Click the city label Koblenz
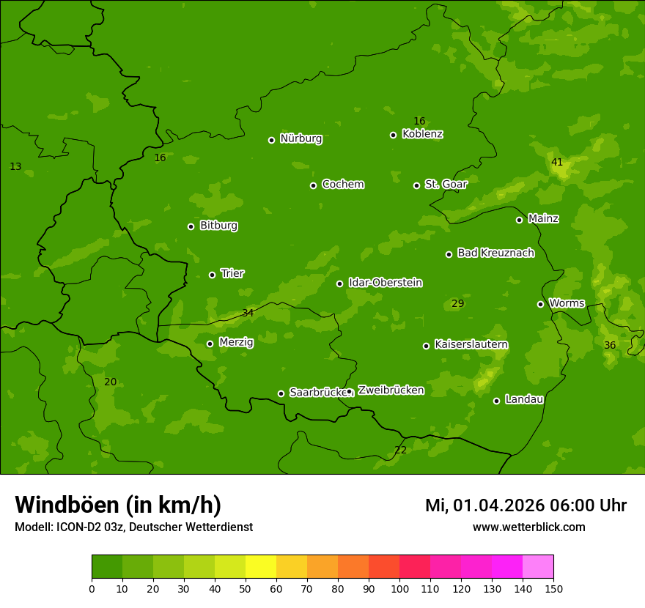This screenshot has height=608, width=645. tap(422, 134)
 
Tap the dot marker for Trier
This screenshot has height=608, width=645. tap(213, 275)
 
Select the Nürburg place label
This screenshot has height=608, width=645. tap(301, 138)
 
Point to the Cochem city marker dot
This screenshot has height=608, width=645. tap(314, 185)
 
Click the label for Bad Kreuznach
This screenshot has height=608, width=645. tap(495, 253)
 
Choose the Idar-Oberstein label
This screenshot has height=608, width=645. tap(385, 282)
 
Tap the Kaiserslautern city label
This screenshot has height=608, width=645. tap(471, 344)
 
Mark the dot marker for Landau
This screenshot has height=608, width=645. tap(497, 401)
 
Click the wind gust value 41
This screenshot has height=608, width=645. tap(557, 162)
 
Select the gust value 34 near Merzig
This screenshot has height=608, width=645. tap(248, 313)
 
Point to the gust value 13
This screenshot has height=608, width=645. tap(15, 166)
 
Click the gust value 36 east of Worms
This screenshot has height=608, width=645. tap(610, 345)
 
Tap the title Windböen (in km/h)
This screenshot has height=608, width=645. tap(118, 505)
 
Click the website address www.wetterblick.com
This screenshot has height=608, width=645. tap(528, 527)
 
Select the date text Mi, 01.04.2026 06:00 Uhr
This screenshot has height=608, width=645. tap(526, 505)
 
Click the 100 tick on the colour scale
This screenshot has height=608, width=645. tap(399, 588)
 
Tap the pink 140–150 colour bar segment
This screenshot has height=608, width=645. tap(538, 567)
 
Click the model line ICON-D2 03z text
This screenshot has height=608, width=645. tap(133, 527)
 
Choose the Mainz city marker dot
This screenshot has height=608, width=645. tap(520, 220)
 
